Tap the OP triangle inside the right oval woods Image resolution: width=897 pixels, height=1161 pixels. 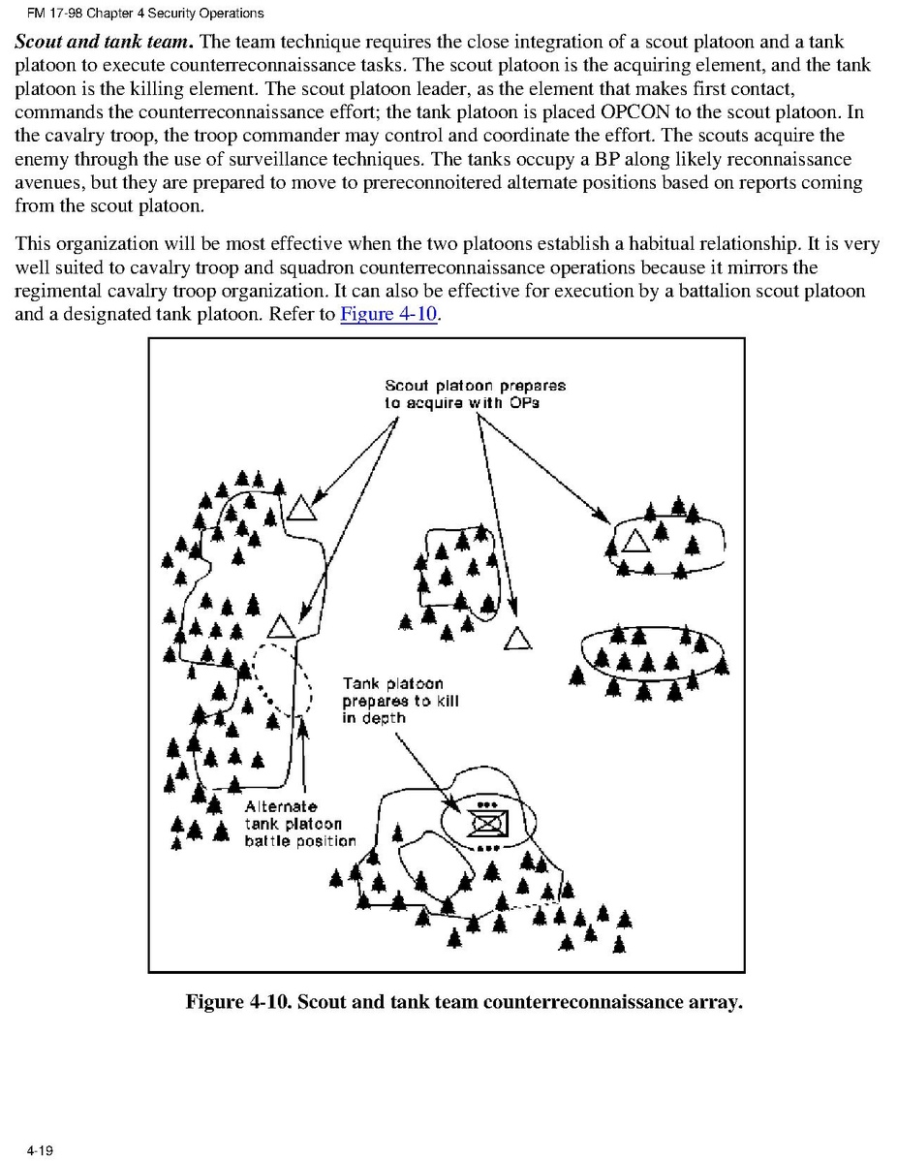click(635, 542)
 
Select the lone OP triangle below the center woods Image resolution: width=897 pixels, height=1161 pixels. click(519, 639)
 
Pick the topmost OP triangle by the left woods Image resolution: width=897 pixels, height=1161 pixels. click(300, 507)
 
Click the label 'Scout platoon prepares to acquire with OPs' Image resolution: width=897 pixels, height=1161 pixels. click(475, 393)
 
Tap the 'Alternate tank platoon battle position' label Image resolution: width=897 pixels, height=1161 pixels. click(299, 824)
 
